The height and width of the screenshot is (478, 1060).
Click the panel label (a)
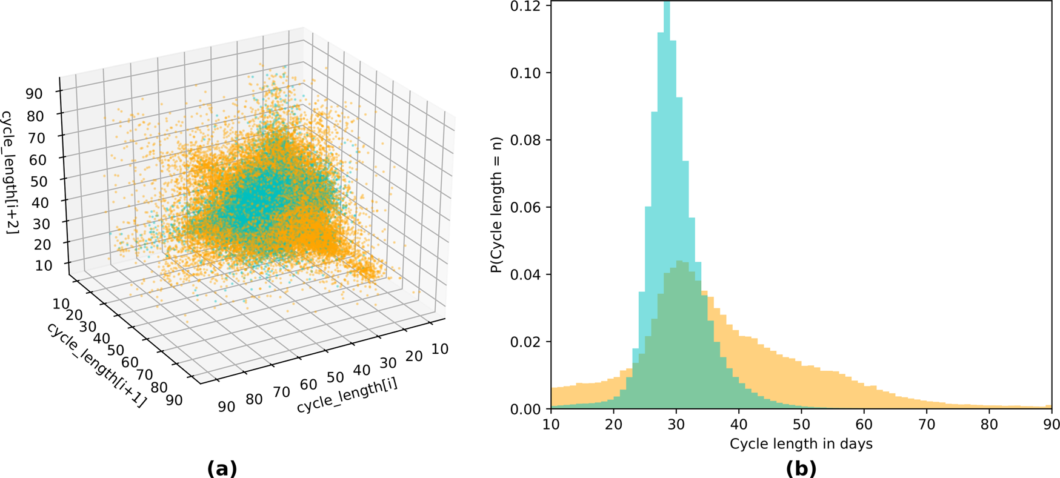click(222, 468)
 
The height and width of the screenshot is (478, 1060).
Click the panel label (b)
click(801, 468)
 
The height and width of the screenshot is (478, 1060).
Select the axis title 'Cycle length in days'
click(801, 444)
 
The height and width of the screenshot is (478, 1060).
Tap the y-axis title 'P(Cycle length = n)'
click(497, 205)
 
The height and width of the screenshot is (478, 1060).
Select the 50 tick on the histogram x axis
click(801, 423)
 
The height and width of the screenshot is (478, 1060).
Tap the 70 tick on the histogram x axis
click(927, 423)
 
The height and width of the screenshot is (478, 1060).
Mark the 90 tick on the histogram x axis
click(1052, 423)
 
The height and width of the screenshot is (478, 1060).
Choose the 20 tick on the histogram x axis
click(613, 423)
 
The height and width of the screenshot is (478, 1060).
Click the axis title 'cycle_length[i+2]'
click(10, 179)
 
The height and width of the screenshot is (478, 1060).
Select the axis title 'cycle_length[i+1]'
click(96, 365)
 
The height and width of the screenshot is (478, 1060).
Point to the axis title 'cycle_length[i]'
click(347, 397)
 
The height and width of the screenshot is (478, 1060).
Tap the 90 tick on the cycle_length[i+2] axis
click(34, 94)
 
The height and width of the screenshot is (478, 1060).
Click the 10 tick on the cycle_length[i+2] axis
click(44, 265)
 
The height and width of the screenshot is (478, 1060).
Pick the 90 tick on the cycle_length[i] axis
click(226, 406)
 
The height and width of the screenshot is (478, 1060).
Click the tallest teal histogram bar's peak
click(667, 4)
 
